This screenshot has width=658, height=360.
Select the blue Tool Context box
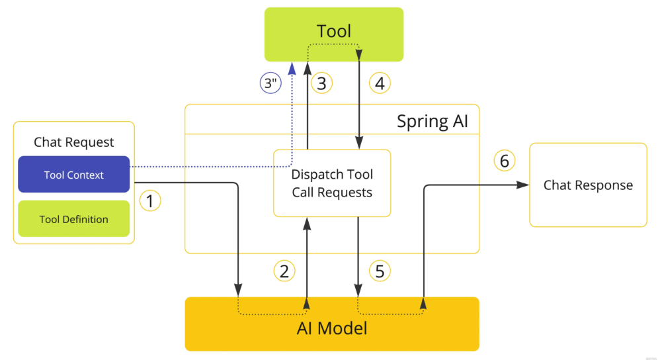(x=74, y=174)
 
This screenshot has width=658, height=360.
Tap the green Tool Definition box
(x=74, y=218)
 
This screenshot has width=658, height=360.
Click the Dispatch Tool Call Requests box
(x=332, y=183)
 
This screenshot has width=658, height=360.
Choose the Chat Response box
(x=588, y=185)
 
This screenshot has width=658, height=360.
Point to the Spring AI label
(x=432, y=121)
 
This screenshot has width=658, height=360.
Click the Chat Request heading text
(x=74, y=142)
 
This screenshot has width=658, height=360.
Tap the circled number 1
(x=150, y=201)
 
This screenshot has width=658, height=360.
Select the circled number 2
(x=284, y=271)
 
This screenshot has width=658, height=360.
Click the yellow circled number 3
(x=321, y=83)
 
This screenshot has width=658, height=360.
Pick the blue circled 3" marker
(x=270, y=83)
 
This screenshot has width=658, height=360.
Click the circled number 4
(x=380, y=83)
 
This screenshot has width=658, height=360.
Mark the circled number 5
(x=380, y=271)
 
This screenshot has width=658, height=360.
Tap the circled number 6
(x=505, y=160)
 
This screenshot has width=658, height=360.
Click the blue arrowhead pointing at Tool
(x=292, y=68)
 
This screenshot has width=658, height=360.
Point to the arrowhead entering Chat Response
(x=523, y=185)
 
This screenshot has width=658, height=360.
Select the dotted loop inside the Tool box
(x=333, y=44)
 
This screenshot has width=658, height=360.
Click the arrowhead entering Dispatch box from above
(x=359, y=142)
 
